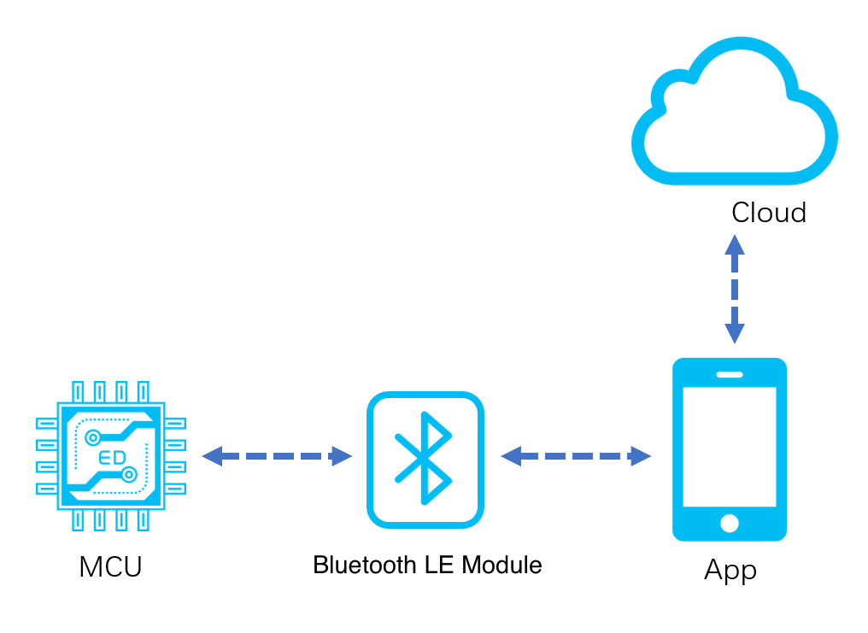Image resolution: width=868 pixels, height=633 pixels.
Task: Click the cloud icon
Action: (x=735, y=111)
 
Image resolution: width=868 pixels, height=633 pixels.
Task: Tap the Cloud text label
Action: (x=768, y=213)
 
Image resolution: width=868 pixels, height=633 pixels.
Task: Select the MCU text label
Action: (x=111, y=566)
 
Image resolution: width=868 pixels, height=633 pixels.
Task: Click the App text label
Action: (x=730, y=570)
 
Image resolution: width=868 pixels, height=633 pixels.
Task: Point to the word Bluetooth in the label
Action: (x=364, y=565)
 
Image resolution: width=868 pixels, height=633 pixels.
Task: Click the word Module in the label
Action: (x=501, y=565)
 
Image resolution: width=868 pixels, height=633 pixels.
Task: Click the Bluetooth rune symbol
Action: (x=424, y=458)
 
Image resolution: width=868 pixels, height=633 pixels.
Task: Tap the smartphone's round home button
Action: (x=730, y=523)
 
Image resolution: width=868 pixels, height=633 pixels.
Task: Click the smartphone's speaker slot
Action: (x=730, y=375)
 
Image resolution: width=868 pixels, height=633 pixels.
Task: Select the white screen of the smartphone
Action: (x=730, y=447)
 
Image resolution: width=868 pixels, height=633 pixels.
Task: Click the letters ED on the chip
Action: (x=112, y=458)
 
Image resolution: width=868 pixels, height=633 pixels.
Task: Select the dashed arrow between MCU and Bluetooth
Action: (x=277, y=456)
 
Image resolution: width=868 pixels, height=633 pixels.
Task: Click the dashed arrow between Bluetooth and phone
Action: (x=576, y=456)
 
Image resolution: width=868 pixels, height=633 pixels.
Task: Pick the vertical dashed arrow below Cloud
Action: (x=735, y=289)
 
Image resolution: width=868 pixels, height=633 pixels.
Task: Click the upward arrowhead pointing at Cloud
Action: (x=735, y=245)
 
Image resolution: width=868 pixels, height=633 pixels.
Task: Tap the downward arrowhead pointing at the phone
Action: (x=735, y=334)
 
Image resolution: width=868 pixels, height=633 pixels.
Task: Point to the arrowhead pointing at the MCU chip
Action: (x=213, y=456)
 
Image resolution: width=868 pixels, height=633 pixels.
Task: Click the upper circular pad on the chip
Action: (x=93, y=438)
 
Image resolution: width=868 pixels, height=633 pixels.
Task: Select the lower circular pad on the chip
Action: (x=129, y=475)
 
